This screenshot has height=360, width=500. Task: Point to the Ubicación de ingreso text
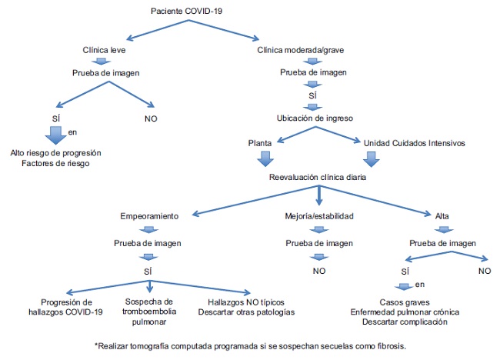[x=314, y=118]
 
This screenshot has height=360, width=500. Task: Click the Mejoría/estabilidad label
[x=318, y=217]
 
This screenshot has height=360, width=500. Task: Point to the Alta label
[x=443, y=217]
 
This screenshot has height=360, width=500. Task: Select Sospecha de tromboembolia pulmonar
[x=151, y=306]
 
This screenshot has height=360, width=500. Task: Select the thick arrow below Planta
[x=264, y=158]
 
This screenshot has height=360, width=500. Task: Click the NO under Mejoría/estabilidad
[x=318, y=271]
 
